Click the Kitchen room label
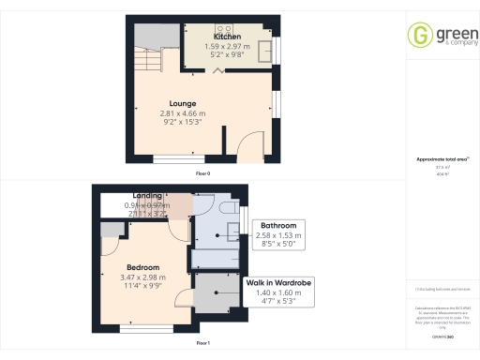tap(227, 37)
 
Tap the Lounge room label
tap(182, 103)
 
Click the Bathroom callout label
tap(278, 226)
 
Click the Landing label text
tap(146, 195)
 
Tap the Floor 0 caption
tap(202, 174)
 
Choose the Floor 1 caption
tap(202, 344)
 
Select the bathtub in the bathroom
tap(217, 256)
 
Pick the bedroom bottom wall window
tap(145, 330)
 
